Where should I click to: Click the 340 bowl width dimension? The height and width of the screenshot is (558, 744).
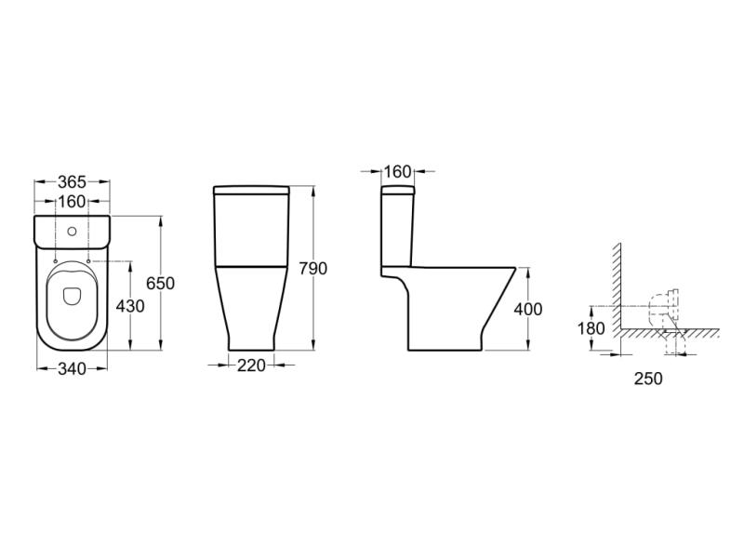point(72,369)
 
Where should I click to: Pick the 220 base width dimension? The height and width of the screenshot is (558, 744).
point(251,365)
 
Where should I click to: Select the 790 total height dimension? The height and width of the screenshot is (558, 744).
point(312,269)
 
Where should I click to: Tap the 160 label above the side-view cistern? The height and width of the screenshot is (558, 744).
point(397,171)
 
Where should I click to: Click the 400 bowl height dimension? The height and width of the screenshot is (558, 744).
point(527,309)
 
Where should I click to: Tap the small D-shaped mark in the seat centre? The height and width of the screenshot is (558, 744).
point(72,297)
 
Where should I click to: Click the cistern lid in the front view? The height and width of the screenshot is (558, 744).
point(252,191)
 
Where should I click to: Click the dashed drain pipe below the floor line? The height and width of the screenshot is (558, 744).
point(677,346)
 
